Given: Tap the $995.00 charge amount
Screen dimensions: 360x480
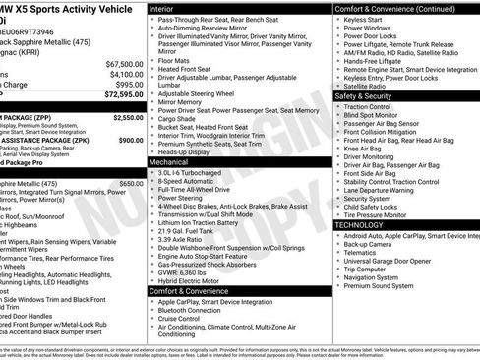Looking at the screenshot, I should click(124, 86).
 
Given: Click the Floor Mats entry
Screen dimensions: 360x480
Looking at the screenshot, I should click(178, 60).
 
